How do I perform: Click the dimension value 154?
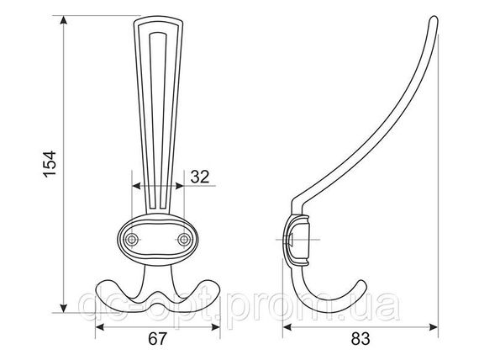[x=50, y=164]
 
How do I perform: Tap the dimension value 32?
[x=200, y=177]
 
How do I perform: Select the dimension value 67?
[x=158, y=339]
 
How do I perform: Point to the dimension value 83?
[x=361, y=339]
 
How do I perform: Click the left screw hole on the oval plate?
[x=132, y=240]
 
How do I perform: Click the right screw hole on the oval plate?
[x=184, y=240]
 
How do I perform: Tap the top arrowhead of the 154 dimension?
[x=63, y=19]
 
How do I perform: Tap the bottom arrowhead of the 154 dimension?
[x=63, y=309]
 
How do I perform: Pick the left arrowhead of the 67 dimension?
[x=100, y=327]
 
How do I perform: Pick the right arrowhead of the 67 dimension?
[x=216, y=327]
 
